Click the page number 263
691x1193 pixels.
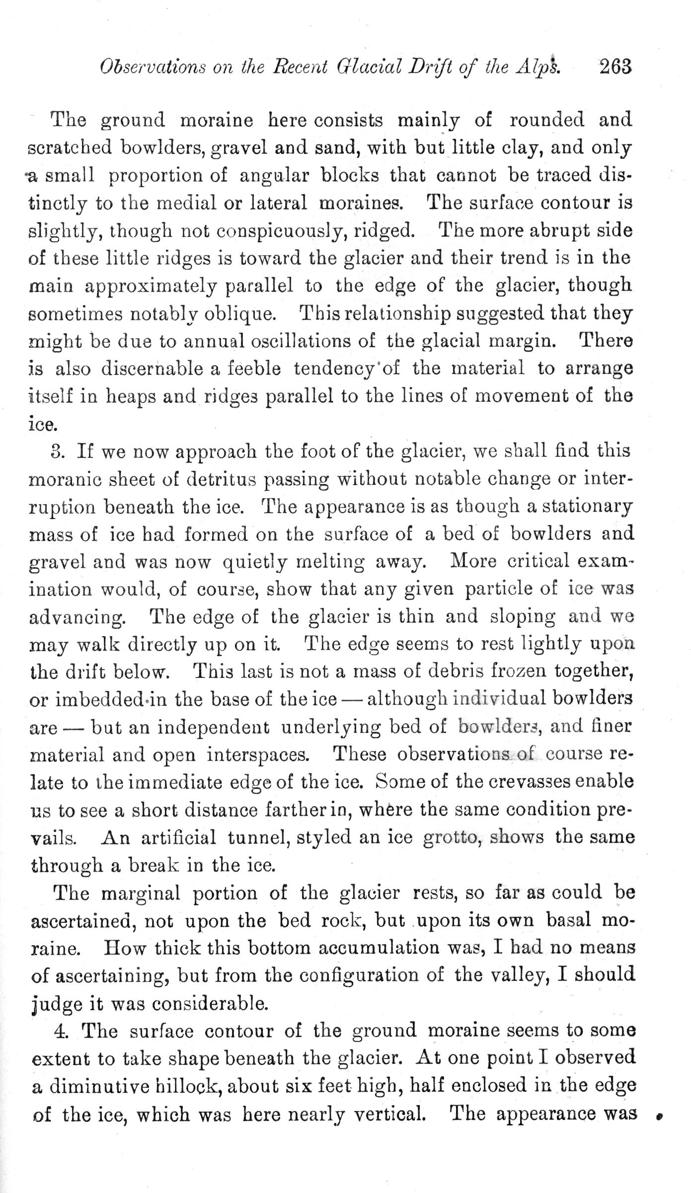[615, 67]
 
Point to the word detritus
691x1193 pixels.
[218, 480]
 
